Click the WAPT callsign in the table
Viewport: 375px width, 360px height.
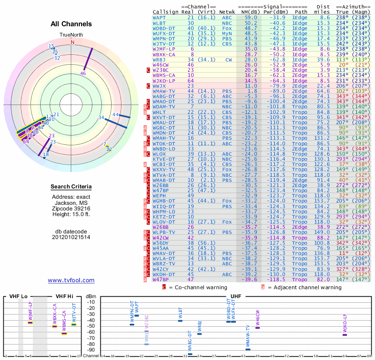pos(159,17)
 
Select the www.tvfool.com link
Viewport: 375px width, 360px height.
pos(71,280)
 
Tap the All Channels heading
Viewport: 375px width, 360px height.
pos(71,24)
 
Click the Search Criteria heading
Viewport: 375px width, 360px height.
pos(71,187)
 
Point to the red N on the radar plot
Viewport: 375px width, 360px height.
pos(72,42)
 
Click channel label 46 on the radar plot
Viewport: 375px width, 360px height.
pos(83,73)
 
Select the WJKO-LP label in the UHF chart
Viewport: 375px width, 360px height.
pos(345,323)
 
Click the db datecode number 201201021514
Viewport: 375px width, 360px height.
pos(71,237)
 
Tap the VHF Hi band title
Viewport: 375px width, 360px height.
pos(64,296)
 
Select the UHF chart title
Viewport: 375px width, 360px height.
pos(236,296)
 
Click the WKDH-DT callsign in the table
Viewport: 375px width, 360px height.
pos(164,274)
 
